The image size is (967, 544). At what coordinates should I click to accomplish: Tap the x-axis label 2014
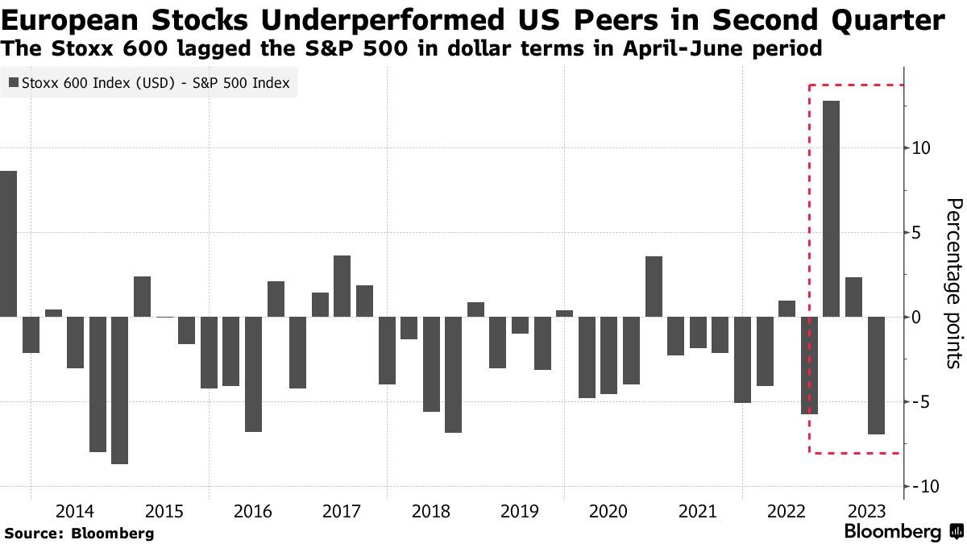pos(75,512)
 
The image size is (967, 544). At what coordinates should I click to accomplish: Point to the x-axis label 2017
pos(342,512)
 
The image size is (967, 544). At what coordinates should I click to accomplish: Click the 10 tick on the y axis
pos(921,148)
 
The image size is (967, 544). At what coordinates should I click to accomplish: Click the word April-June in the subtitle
pos(705,49)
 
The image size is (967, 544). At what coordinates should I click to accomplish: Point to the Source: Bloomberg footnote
pos(79,533)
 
